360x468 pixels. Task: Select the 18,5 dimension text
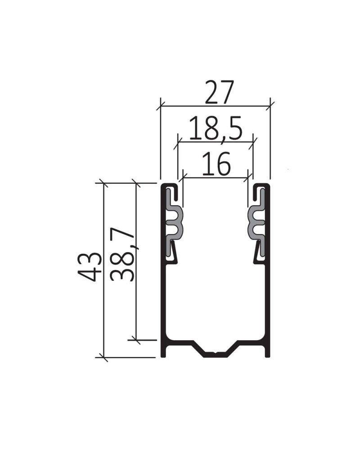coord(216,128)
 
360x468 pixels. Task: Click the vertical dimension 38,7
coord(121,255)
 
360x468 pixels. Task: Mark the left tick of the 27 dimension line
coord(161,107)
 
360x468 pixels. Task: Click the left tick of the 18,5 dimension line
coord(178,142)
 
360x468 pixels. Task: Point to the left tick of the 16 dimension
coord(183,177)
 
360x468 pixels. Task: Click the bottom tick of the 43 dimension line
coord(103,358)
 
